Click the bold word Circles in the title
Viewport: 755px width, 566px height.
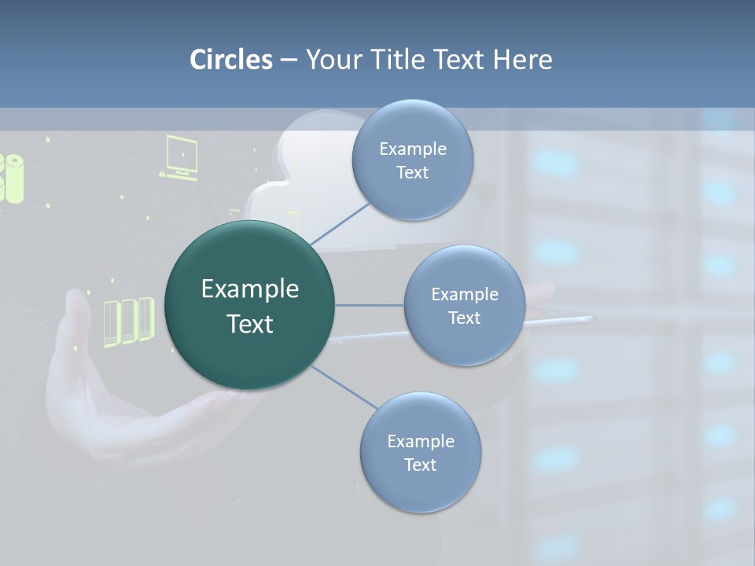tap(230, 59)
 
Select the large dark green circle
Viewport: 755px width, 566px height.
tap(249, 305)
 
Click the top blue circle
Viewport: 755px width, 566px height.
tap(412, 160)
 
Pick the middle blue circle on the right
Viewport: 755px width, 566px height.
tap(464, 305)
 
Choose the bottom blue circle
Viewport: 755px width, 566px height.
tap(420, 452)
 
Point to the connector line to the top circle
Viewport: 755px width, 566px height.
tap(340, 222)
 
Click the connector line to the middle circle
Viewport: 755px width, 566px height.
tap(369, 305)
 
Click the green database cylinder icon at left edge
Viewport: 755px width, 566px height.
tap(13, 178)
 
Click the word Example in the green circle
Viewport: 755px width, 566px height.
tap(249, 289)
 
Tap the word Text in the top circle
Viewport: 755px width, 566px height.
tap(412, 173)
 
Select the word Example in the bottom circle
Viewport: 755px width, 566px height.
tap(420, 441)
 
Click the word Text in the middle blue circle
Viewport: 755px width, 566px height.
tap(464, 318)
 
